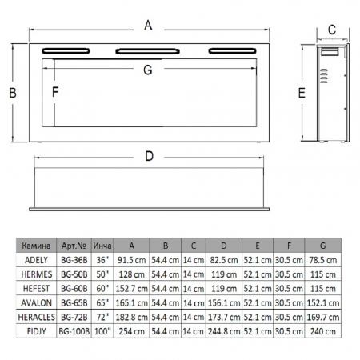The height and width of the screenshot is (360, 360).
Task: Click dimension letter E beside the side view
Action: (x=302, y=93)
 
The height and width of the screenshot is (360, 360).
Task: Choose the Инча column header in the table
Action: (x=102, y=246)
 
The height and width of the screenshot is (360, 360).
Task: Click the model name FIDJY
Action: (x=44, y=331)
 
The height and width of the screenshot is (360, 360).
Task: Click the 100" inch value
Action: (x=102, y=331)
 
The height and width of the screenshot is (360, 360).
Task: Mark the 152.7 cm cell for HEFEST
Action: (x=132, y=288)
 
